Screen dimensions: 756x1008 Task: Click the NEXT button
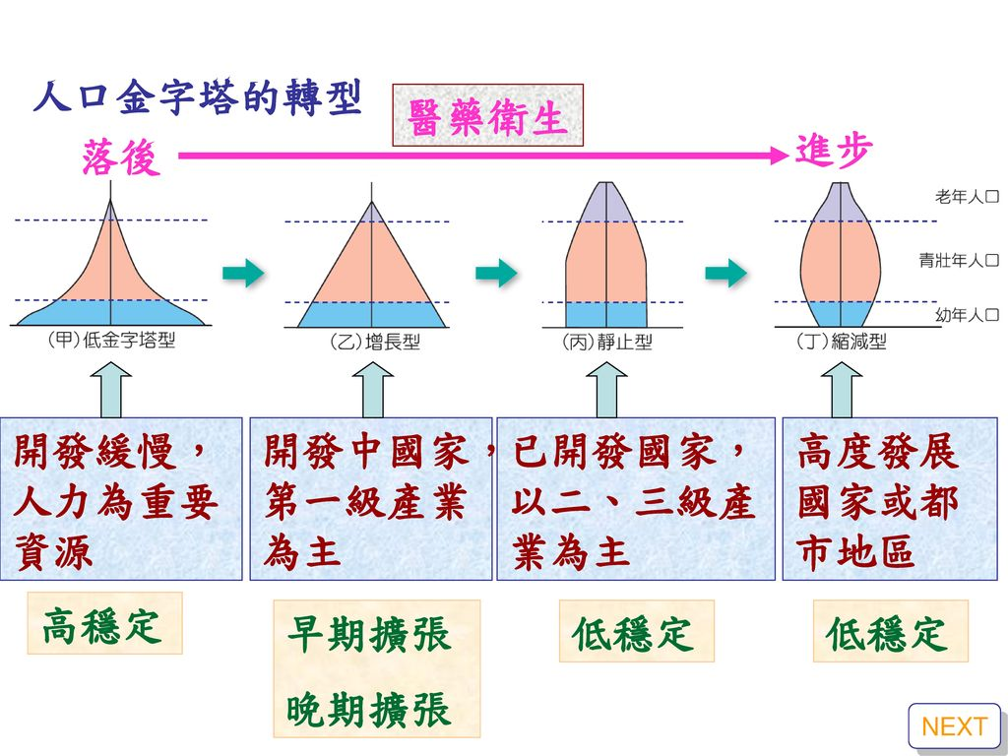click(954, 727)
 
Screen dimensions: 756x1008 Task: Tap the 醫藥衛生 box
click(488, 116)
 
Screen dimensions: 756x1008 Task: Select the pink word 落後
click(121, 157)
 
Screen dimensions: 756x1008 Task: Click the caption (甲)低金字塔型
click(111, 342)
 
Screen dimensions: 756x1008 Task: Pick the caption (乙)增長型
click(374, 344)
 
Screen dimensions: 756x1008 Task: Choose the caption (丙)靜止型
click(606, 343)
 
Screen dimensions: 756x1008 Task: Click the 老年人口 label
click(967, 198)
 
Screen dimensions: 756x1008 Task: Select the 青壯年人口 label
click(959, 261)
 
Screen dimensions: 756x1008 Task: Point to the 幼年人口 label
click(967, 315)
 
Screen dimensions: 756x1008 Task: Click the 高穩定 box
click(104, 623)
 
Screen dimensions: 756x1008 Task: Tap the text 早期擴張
click(368, 635)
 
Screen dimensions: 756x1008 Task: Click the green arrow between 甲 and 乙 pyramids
click(243, 273)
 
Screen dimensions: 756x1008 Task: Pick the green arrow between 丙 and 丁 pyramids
click(725, 273)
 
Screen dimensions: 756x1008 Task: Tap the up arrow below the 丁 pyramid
click(841, 390)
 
